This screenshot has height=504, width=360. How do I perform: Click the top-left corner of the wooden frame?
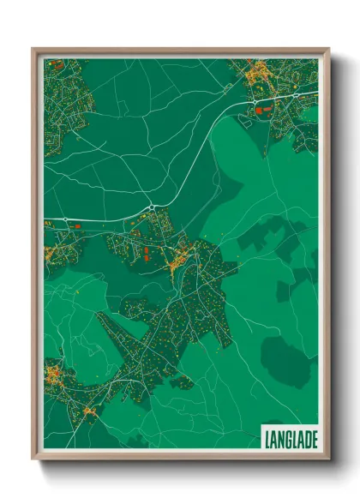[x=33, y=50]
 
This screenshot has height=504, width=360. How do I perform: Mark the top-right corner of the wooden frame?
[x=327, y=50]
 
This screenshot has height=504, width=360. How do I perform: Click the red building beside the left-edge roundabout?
[x=77, y=225]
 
